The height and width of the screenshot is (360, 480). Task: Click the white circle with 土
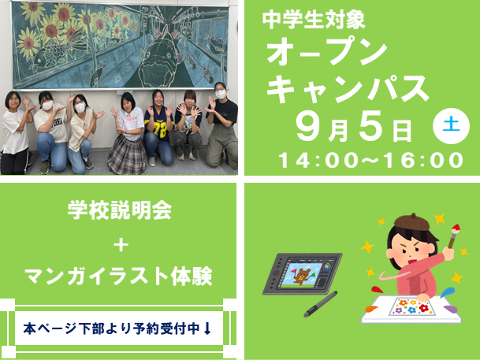tap(451, 126)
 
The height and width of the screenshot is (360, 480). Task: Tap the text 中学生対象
tap(314, 20)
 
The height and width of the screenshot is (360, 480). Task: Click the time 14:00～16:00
tap(370, 160)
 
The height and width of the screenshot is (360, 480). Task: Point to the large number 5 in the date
tap(371, 126)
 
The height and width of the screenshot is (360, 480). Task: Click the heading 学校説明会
tap(119, 210)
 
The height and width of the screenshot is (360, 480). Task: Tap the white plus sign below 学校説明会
tap(121, 245)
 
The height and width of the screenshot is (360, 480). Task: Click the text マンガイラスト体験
tap(118, 276)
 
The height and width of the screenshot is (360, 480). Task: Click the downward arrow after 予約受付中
tap(207, 328)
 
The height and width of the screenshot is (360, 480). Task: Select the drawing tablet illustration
tap(303, 274)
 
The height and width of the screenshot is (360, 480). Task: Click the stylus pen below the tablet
tap(321, 304)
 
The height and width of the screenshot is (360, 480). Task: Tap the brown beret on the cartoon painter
tap(411, 221)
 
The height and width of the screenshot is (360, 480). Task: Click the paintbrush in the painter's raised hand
tap(453, 236)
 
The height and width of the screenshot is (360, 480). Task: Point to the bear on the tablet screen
tap(301, 276)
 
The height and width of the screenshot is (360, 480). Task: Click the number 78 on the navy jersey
tap(160, 130)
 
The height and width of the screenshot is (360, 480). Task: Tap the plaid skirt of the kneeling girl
tap(127, 155)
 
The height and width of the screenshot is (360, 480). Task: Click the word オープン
tap(327, 52)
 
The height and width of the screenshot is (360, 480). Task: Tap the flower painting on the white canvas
tap(411, 306)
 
